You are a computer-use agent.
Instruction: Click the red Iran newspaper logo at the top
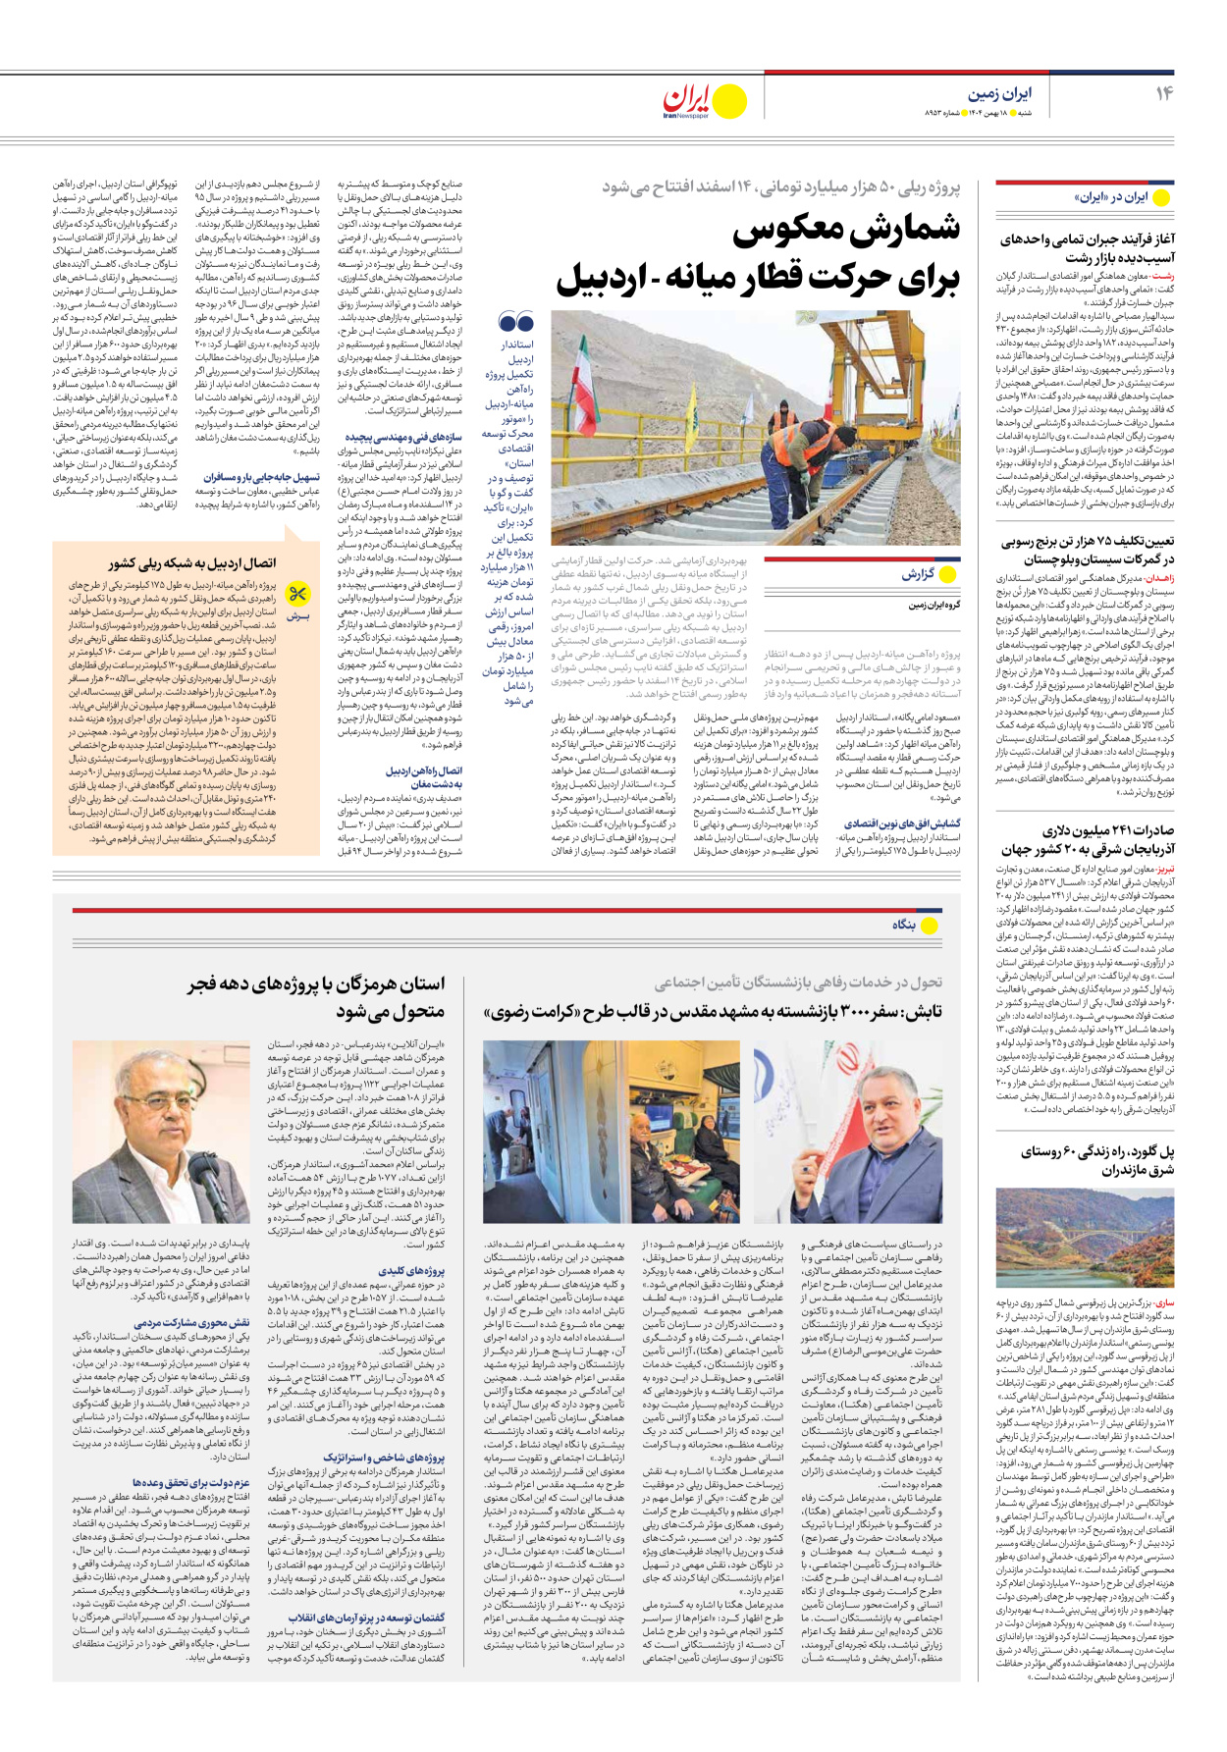tap(686, 100)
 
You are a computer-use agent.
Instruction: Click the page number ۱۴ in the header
tap(1164, 93)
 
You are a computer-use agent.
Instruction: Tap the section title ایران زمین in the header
tap(999, 93)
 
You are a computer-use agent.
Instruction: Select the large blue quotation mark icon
tap(515, 322)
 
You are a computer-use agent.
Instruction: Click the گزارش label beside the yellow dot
tap(917, 574)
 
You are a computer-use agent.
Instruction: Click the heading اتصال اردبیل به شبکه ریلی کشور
tap(191, 563)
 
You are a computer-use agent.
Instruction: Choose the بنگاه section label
tap(903, 925)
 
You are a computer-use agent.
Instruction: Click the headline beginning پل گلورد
tap(1095, 1160)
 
